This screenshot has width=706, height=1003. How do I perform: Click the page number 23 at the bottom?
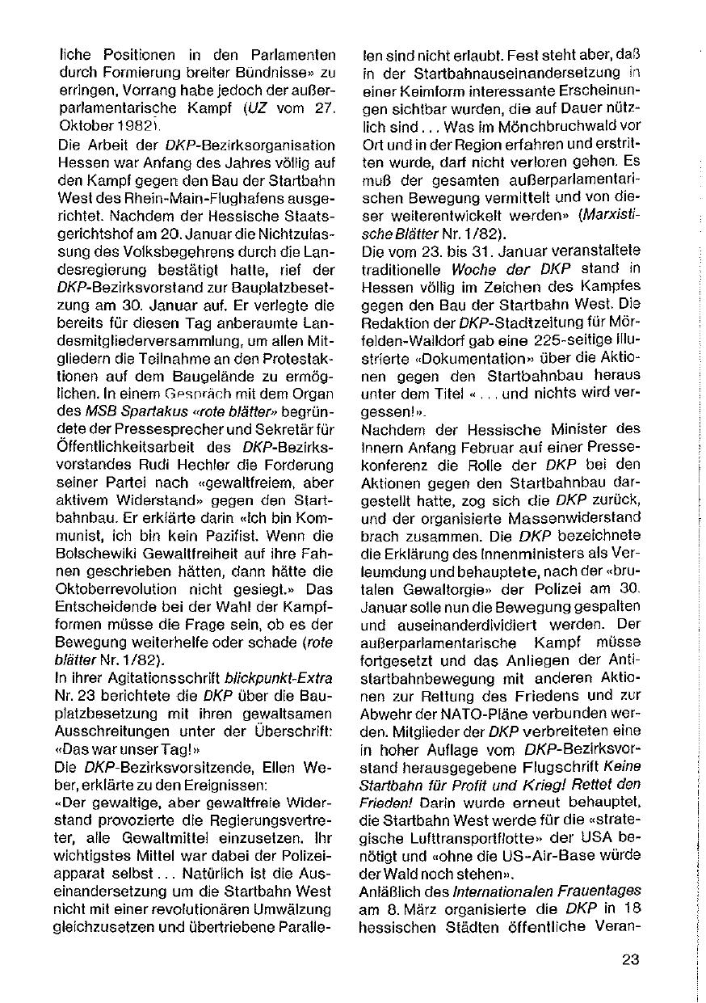tap(631, 960)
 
